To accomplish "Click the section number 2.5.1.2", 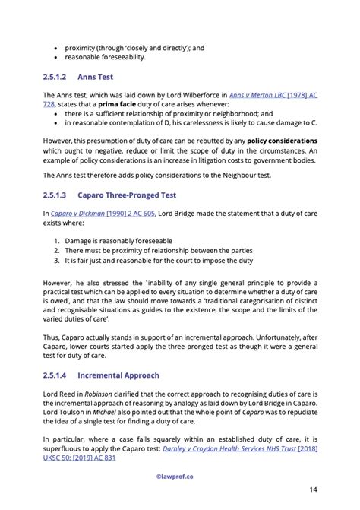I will tap(56, 77).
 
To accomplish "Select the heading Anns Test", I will tap(95, 77).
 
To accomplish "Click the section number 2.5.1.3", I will tap(56, 195).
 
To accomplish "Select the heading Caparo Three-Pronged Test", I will tap(125, 195).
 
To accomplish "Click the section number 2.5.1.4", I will tap(56, 375).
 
